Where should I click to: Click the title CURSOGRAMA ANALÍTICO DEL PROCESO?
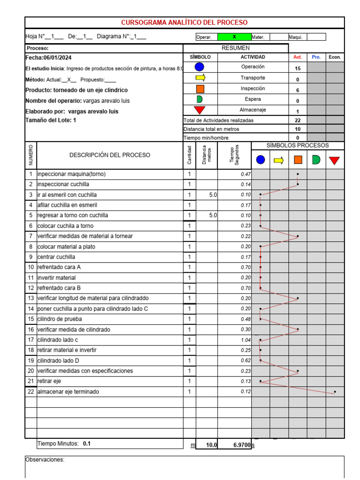184,22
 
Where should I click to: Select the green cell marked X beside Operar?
234,37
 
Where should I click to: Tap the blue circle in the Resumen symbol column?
200,67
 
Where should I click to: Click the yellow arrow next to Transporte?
200,78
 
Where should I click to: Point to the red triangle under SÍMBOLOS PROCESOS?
334,160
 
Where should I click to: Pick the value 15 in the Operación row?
298,68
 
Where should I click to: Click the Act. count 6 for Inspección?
298,90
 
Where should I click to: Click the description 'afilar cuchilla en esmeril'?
67,205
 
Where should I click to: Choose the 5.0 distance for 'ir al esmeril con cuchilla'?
213,195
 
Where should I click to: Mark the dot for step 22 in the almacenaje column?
335,391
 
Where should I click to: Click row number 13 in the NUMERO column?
30,298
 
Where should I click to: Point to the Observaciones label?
45,460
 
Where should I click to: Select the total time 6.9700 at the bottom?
241,445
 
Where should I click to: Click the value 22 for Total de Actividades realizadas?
298,120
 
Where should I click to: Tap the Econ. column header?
335,57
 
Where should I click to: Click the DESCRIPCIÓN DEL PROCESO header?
110,155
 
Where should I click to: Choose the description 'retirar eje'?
49,381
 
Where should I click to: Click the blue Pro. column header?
316,57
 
